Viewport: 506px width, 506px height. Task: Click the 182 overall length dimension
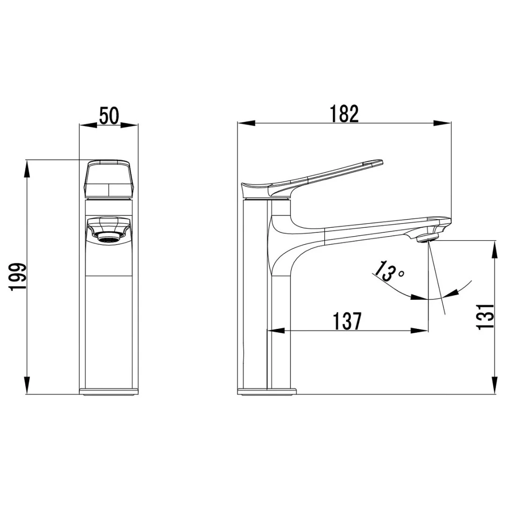tap(344, 113)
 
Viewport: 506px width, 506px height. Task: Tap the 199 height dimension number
tap(17, 277)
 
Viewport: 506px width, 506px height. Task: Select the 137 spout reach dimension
tap(347, 321)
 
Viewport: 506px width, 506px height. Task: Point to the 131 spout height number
tap(485, 317)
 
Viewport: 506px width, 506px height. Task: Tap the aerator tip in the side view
tap(428, 239)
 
